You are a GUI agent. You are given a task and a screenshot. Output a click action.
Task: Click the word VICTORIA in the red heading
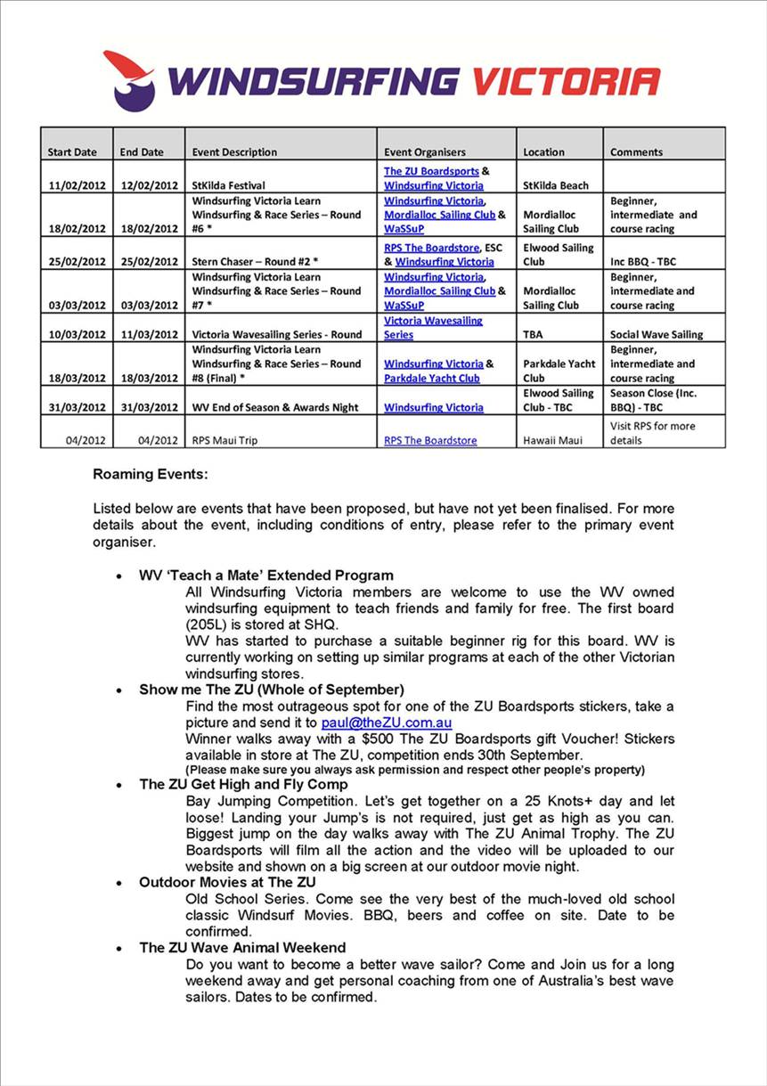point(566,81)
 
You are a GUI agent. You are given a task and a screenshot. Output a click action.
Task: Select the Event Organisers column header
point(425,152)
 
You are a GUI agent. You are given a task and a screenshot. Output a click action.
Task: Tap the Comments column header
point(636,152)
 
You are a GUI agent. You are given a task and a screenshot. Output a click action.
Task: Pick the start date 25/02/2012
point(77,262)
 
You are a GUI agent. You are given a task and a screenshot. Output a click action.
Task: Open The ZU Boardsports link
point(431,171)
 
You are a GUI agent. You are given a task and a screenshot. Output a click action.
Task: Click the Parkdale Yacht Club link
point(432,379)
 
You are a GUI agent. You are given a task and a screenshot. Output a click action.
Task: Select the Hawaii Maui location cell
point(552,441)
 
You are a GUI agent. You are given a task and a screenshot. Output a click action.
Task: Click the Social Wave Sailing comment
point(656,335)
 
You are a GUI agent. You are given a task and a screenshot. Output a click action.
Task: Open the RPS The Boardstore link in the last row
point(430,441)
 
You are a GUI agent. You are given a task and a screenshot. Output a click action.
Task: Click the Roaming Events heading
point(150,475)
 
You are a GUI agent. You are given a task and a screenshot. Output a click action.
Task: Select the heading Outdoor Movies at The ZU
point(227,883)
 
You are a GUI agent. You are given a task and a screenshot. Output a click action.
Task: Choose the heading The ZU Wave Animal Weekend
point(242,948)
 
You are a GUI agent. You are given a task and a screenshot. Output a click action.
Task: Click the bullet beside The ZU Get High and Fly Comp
point(119,786)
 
